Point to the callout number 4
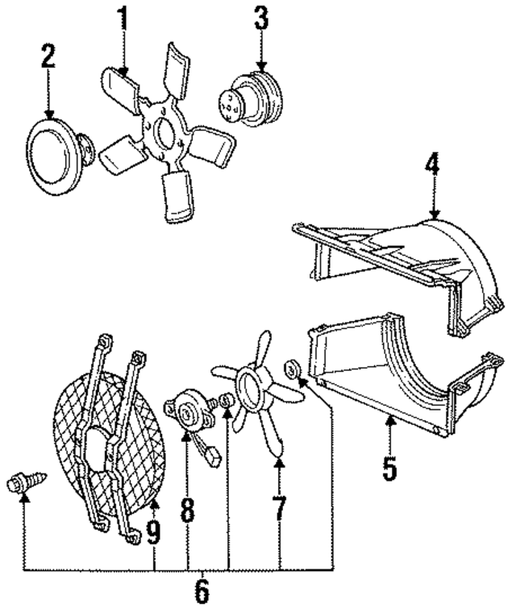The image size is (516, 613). point(433,167)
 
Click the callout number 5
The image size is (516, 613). point(389,467)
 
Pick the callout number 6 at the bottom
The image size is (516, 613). point(202,593)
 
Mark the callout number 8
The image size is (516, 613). point(187,511)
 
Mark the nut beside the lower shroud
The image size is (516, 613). point(292,372)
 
